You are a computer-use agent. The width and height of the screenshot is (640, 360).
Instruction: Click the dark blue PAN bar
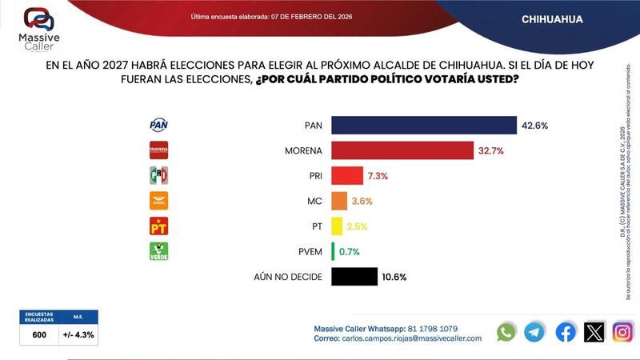424,126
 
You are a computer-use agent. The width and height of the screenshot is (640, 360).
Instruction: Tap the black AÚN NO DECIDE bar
354,277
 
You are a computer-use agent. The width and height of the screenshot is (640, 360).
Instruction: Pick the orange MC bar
339,201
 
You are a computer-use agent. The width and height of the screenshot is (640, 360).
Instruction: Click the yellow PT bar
337,226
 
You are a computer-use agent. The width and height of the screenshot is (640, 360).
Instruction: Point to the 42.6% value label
534,126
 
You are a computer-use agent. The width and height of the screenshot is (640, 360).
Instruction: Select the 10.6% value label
395,277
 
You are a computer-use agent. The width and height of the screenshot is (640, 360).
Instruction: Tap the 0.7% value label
349,252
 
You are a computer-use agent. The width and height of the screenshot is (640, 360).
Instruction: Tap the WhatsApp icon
506,332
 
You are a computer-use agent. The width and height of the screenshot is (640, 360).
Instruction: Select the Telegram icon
535,332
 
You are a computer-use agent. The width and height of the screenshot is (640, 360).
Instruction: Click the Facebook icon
565,332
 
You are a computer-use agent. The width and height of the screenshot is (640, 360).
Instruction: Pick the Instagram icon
622,332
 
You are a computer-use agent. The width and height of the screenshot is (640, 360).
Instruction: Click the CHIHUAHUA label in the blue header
552,18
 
